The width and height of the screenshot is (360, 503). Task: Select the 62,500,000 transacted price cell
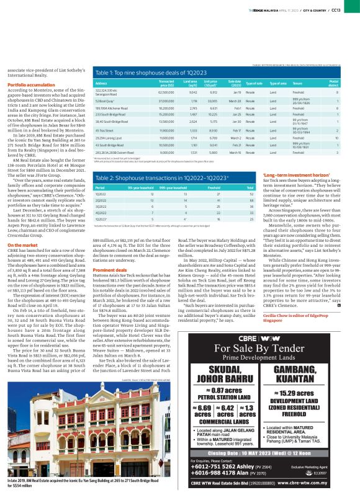(x=166, y=92)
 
